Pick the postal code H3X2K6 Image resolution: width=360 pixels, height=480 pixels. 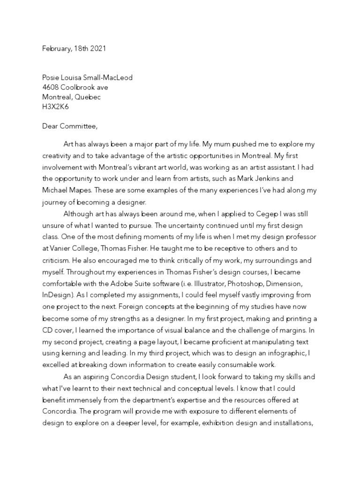55,107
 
